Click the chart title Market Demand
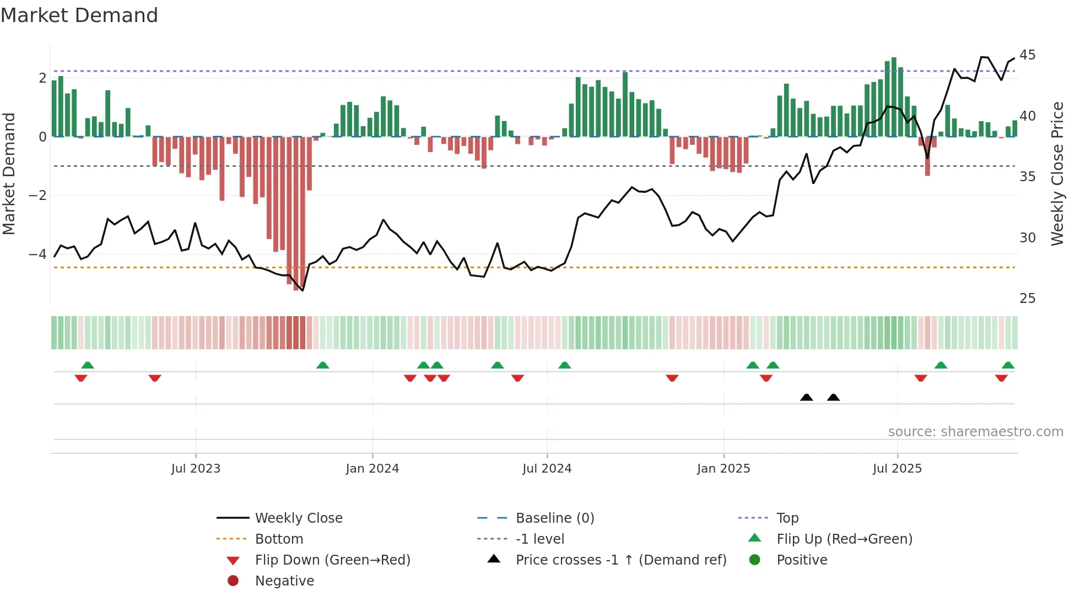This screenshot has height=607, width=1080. pyautogui.click(x=79, y=15)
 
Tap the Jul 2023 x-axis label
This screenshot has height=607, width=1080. pyautogui.click(x=196, y=469)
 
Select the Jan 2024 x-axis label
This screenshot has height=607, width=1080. pyautogui.click(x=372, y=469)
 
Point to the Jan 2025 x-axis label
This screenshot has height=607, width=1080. pyautogui.click(x=723, y=469)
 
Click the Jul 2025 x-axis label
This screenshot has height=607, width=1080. pyautogui.click(x=897, y=469)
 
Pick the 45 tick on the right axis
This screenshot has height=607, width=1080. pyautogui.click(x=1027, y=55)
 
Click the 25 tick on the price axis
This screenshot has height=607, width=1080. pyautogui.click(x=1027, y=299)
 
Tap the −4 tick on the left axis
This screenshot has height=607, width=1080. pyautogui.click(x=37, y=254)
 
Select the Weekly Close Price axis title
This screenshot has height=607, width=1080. pyautogui.click(x=1057, y=174)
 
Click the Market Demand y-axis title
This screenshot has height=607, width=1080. pyautogui.click(x=9, y=174)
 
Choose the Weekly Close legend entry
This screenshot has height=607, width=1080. pyautogui.click(x=298, y=518)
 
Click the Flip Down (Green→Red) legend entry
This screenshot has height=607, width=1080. pyautogui.click(x=332, y=560)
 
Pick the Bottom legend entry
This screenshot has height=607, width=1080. pyautogui.click(x=279, y=539)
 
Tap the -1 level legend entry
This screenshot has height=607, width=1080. pyautogui.click(x=539, y=539)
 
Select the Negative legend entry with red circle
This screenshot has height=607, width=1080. pyautogui.click(x=284, y=581)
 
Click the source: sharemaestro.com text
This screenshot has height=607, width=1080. pyautogui.click(x=975, y=432)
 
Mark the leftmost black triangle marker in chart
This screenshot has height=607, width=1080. pyautogui.click(x=806, y=397)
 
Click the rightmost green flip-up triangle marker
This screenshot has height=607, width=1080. pyautogui.click(x=1008, y=365)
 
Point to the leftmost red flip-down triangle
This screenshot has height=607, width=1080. pyautogui.click(x=81, y=378)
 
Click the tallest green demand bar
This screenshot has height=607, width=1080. pyautogui.click(x=894, y=97)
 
